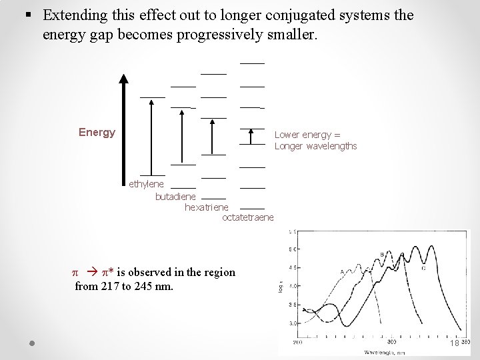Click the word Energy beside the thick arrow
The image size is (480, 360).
click(97, 132)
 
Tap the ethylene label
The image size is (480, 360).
click(146, 184)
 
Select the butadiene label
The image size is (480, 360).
click(175, 197)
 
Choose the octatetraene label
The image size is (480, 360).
click(247, 217)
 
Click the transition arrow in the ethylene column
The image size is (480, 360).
click(152, 137)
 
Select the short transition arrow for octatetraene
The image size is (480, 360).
click(251, 136)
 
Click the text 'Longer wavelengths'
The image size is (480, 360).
click(315, 146)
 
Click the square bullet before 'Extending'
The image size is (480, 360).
click(27, 15)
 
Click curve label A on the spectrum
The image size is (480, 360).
click(341, 271)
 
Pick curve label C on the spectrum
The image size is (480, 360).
click(423, 268)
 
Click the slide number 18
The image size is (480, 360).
click(454, 343)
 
